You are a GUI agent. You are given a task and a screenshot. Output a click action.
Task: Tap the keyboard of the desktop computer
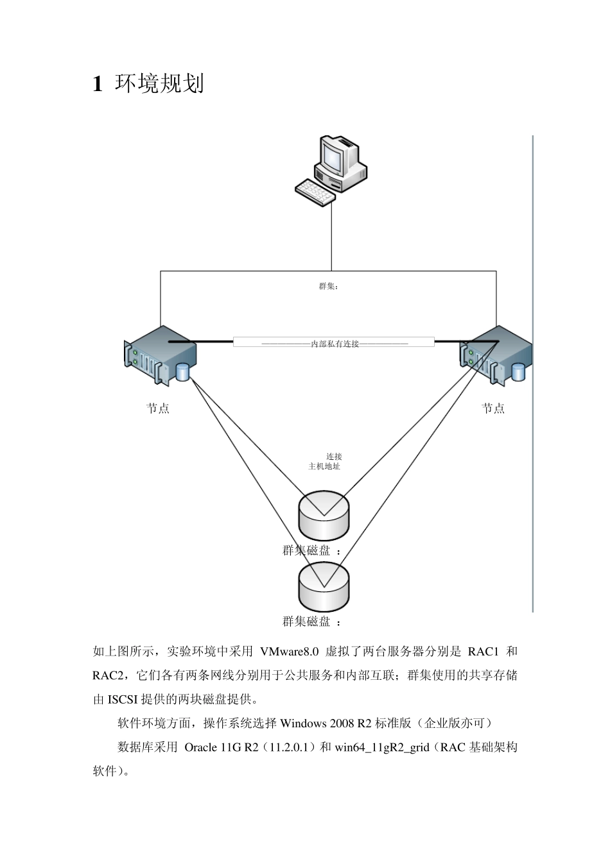[x=315, y=192]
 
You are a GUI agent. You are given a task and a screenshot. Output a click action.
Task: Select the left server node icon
[x=160, y=356]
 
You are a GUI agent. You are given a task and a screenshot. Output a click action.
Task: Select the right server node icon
[x=496, y=356]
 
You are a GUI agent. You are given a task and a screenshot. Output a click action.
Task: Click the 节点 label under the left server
[x=158, y=409]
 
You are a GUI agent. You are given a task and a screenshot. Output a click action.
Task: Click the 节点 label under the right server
[x=493, y=409]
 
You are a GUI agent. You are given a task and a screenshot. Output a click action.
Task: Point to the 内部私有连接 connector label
[x=335, y=344]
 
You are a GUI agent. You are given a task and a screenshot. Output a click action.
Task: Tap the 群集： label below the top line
[x=328, y=286]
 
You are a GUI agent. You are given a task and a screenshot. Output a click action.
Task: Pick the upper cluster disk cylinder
[x=324, y=514]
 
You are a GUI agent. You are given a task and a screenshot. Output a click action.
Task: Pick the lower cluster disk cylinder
[x=324, y=587]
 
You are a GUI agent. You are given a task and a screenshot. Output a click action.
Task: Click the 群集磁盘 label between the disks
[x=306, y=550]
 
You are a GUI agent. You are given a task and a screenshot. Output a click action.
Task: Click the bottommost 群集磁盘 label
[x=306, y=621]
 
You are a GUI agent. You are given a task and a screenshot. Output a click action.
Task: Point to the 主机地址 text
[x=324, y=466]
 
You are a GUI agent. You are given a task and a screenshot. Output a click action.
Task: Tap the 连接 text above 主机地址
[x=334, y=457]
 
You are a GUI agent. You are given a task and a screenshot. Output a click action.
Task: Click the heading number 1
[x=98, y=84]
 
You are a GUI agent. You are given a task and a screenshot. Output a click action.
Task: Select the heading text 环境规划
[x=159, y=84]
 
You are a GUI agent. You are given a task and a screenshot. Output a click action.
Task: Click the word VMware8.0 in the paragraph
[x=290, y=652]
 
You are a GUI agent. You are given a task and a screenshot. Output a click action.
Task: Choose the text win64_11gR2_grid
[x=381, y=747]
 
